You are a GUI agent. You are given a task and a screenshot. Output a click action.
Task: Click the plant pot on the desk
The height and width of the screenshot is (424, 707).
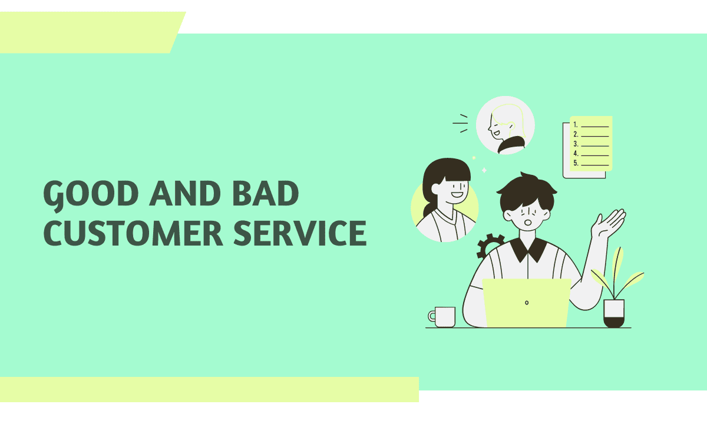click(x=613, y=313)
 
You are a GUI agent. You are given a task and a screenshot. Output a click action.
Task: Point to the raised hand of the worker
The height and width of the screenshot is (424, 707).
click(x=610, y=223)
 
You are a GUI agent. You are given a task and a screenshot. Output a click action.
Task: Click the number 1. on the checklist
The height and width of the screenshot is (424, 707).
click(x=576, y=125)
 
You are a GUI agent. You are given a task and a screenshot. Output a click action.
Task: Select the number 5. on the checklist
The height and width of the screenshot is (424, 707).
click(x=576, y=163)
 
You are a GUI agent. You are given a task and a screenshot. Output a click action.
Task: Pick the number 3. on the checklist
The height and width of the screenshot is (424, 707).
click(x=576, y=144)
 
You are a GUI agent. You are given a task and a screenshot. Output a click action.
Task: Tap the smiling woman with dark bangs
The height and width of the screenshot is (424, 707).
click(x=445, y=197)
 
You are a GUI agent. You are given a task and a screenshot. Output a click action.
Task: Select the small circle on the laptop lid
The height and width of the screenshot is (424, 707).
click(x=527, y=303)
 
